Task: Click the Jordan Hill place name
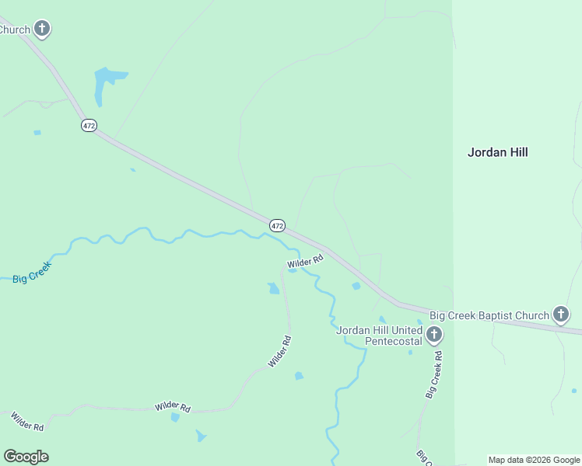click(497, 152)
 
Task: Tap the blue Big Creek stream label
click(32, 272)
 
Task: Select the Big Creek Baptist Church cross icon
click(560, 315)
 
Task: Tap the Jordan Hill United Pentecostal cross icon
click(434, 336)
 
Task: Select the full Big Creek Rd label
click(434, 375)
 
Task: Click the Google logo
click(26, 457)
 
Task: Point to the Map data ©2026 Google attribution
click(534, 460)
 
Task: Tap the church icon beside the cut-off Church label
click(42, 30)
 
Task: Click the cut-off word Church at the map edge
click(14, 30)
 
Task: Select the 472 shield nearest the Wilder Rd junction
click(277, 225)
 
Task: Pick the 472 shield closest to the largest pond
click(89, 125)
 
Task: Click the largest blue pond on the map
click(105, 84)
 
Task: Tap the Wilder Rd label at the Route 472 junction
click(304, 263)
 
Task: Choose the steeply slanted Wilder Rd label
click(279, 351)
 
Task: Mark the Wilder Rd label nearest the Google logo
click(26, 422)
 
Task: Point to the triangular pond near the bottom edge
click(202, 436)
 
